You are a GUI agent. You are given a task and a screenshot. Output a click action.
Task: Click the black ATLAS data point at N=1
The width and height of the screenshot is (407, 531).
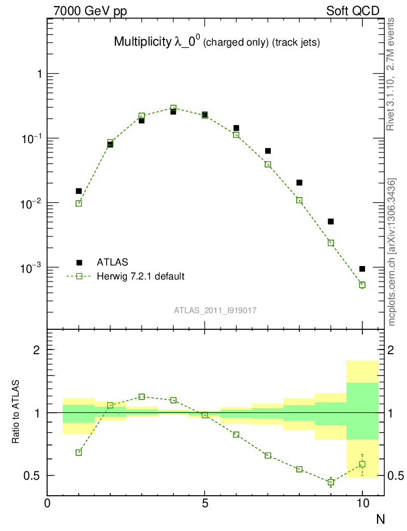click(x=79, y=191)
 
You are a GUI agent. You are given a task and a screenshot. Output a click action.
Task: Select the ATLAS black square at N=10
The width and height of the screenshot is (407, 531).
click(x=362, y=269)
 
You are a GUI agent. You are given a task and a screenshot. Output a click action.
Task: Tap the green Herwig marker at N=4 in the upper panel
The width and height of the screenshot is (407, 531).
click(x=173, y=108)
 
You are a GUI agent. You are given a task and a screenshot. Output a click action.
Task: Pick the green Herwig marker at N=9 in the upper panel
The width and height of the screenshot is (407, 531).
click(x=331, y=243)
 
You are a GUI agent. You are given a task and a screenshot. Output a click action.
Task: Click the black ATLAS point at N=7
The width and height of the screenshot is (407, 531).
click(x=268, y=151)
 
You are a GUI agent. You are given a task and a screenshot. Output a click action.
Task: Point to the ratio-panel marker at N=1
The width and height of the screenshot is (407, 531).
click(x=79, y=452)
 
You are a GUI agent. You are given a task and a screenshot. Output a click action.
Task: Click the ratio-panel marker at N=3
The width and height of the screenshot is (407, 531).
click(x=142, y=397)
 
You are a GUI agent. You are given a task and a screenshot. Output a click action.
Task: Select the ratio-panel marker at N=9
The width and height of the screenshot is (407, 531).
click(x=331, y=482)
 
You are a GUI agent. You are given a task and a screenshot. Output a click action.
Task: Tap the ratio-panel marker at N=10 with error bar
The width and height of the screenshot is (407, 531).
click(x=362, y=464)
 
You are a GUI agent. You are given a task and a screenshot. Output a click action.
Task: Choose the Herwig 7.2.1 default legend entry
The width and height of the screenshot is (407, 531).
click(x=140, y=276)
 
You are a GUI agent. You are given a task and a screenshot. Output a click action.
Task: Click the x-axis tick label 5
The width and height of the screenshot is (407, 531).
click(x=205, y=503)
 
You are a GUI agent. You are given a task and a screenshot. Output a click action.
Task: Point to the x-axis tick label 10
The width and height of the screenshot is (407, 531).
click(x=362, y=503)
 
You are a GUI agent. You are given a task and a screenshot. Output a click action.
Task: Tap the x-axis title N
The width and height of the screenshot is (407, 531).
click(x=380, y=518)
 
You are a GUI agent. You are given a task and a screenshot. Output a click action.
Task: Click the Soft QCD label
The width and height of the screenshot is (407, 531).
click(x=353, y=11)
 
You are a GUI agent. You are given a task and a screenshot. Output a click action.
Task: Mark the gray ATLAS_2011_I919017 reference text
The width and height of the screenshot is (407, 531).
click(x=215, y=310)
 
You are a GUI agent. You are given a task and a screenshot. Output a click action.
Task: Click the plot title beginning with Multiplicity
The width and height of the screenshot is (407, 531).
click(x=216, y=43)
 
